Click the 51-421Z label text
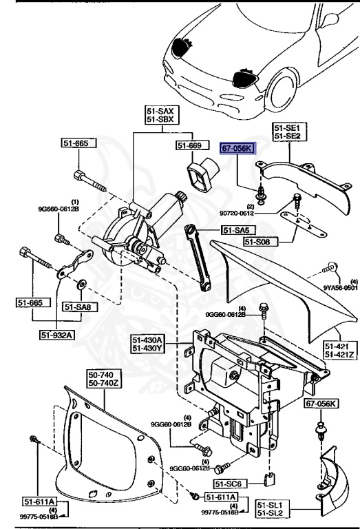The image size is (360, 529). (339, 354)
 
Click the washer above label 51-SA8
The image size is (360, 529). (81, 282)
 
